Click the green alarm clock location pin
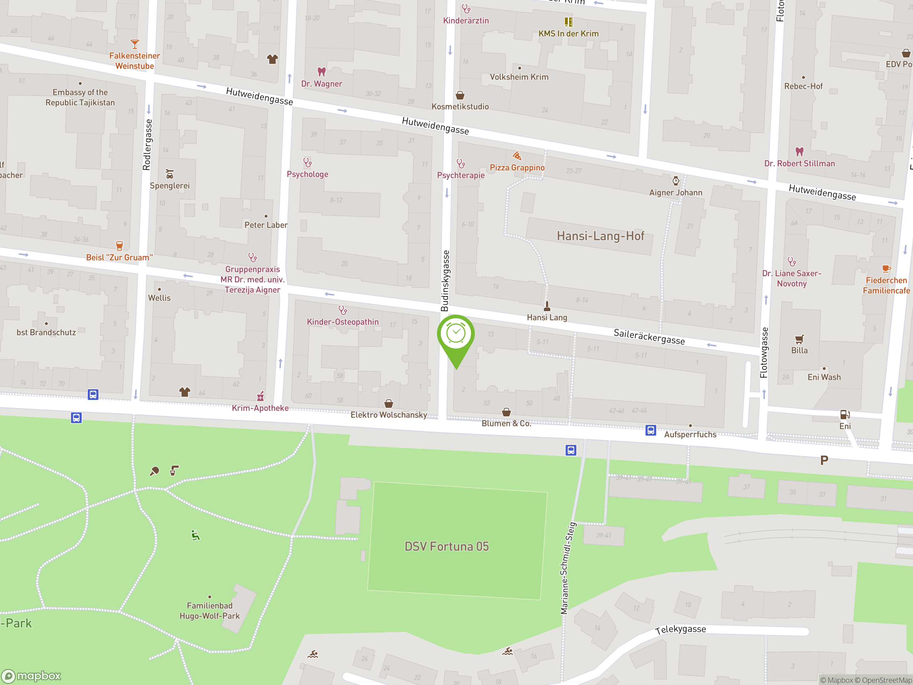(456, 334)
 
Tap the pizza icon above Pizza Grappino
(517, 156)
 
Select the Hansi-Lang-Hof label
(600, 236)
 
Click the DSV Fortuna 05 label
(447, 547)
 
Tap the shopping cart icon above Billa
(799, 339)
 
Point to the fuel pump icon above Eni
(845, 414)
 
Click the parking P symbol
(824, 460)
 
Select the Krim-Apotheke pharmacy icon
(260, 396)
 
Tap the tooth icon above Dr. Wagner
(322, 72)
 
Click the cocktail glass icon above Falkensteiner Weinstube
(134, 44)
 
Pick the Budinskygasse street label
(445, 281)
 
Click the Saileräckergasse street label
(649, 336)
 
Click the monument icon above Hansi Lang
(547, 306)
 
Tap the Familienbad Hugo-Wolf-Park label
(210, 611)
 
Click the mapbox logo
(31, 676)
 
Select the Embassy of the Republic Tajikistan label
(80, 97)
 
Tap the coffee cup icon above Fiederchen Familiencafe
(886, 269)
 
